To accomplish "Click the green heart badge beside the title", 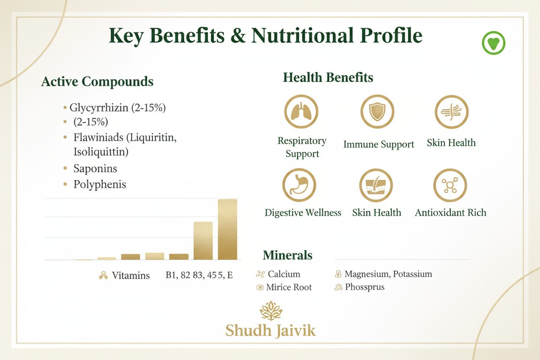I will tap(493, 43).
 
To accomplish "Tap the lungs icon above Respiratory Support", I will tap(301, 112).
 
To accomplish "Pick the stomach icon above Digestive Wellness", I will tap(299, 185).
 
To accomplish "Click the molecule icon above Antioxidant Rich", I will tap(450, 185).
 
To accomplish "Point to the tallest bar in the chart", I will tap(227, 229).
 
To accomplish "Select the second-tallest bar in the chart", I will tap(203, 241).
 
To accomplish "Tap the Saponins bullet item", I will tap(95, 168).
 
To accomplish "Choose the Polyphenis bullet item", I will tap(100, 184).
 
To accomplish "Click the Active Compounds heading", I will tap(97, 81).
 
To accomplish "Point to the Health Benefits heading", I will tap(328, 78).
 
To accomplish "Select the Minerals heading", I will tap(287, 255).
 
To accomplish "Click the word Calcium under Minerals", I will tap(284, 274).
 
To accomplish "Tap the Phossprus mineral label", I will tap(364, 287).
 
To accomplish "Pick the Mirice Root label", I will tap(289, 287).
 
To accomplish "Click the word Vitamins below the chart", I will tap(131, 275).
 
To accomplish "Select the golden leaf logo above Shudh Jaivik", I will tap(270, 311).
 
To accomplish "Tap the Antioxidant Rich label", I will tap(450, 212).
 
